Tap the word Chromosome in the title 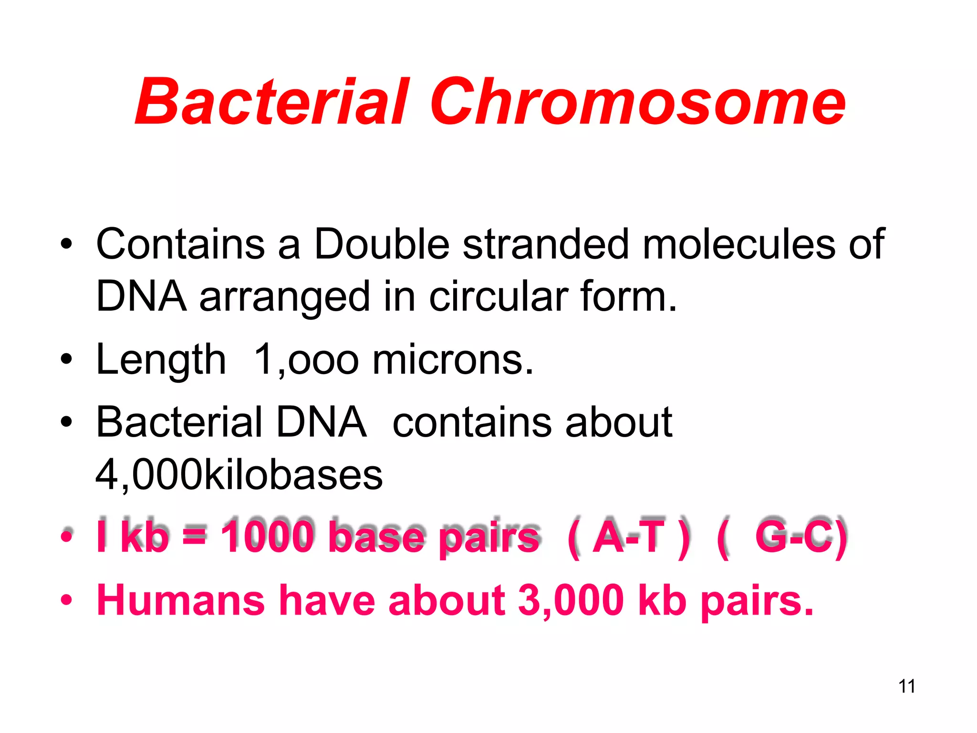point(637,103)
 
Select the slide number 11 point(906,686)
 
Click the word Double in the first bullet point(382,244)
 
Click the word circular point(499,297)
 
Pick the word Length point(161,361)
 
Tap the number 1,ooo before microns point(306,361)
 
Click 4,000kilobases point(239,475)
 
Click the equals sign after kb point(195,537)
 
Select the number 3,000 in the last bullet point(571,600)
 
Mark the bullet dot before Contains point(66,245)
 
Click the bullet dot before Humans point(66,600)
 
